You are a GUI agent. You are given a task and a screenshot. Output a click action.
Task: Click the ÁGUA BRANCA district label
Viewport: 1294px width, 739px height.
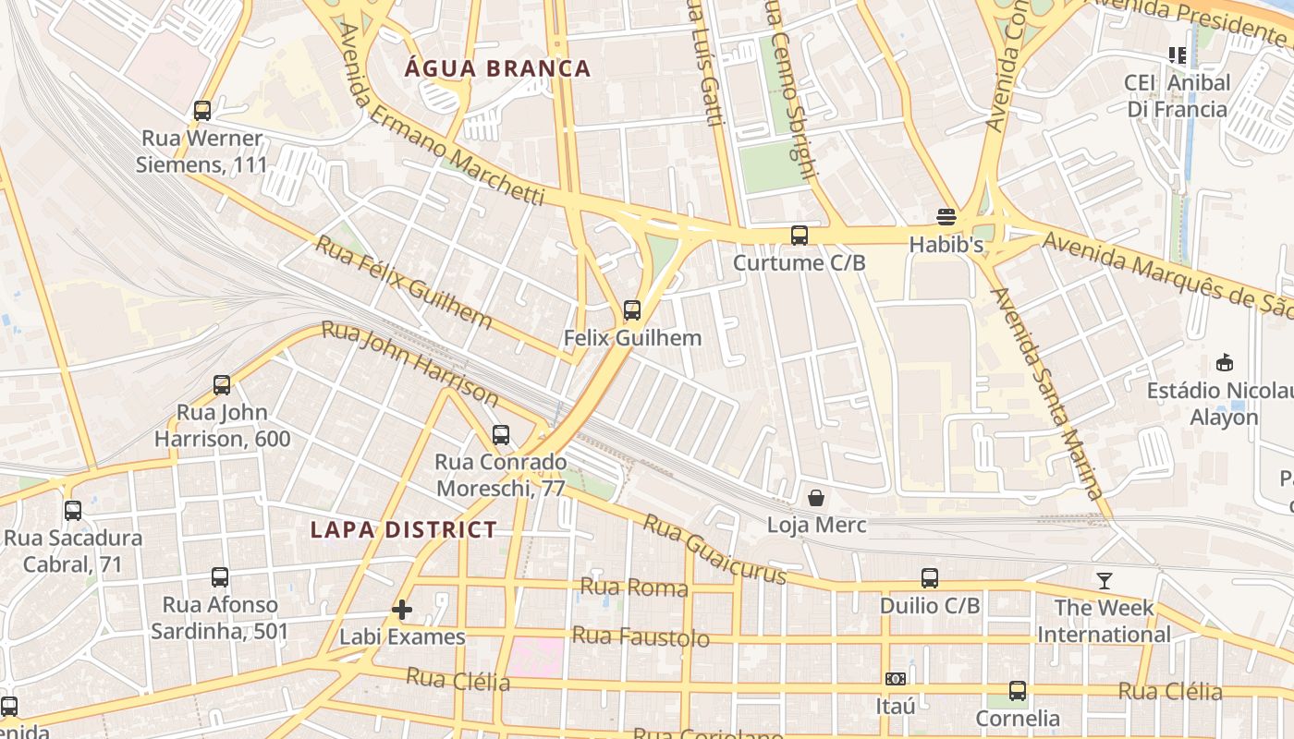coord(498,68)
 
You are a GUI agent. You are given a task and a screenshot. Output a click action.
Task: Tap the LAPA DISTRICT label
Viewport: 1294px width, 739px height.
coord(404,529)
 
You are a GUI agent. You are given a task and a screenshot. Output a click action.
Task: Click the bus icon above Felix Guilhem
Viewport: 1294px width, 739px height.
coord(632,310)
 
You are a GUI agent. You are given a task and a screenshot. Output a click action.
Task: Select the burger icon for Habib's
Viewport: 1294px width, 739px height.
coord(946,217)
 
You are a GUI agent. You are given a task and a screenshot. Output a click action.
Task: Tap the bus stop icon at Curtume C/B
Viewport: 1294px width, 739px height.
coord(800,236)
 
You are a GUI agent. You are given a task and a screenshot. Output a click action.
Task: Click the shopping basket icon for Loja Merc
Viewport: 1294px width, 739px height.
coord(816,499)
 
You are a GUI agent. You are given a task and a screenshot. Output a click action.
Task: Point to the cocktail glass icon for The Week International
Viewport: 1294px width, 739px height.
coord(1105,581)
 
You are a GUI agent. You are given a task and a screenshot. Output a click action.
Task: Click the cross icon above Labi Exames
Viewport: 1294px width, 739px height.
coord(402,610)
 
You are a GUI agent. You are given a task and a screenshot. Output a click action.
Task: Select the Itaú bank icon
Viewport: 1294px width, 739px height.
coord(895,679)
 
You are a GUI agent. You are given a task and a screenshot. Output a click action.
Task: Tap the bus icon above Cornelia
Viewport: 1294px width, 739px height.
coord(1018,691)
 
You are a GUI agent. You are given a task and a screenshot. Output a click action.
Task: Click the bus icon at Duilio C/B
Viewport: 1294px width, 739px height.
coord(930,578)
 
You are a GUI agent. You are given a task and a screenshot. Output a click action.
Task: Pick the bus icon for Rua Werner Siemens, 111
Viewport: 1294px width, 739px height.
coord(202,111)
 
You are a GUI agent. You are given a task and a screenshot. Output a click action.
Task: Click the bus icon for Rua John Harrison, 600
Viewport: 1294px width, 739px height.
coord(222,385)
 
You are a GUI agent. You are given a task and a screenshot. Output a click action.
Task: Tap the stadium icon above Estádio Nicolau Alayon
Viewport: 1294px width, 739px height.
coord(1225,363)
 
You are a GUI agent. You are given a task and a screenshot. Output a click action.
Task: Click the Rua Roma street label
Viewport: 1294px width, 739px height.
coord(634,588)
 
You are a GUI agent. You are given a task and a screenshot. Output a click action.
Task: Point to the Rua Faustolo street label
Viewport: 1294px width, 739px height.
coord(641,636)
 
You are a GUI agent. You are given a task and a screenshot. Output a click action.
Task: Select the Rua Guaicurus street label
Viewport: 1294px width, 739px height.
coord(714,550)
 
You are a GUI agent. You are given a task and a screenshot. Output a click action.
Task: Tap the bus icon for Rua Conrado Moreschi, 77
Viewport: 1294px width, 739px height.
coord(501,434)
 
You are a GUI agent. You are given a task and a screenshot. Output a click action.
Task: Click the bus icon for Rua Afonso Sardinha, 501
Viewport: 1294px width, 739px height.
coord(220,577)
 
